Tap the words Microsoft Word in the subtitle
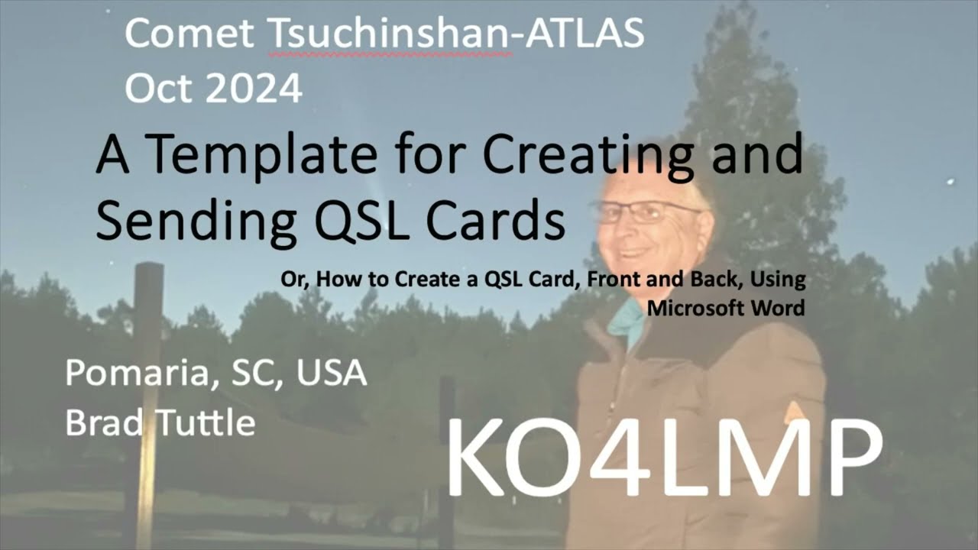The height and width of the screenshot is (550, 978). click(726, 309)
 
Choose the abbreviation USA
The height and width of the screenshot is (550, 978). click(332, 374)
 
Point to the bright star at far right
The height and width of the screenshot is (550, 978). click(951, 182)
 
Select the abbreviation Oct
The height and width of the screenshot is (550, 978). click(154, 89)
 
